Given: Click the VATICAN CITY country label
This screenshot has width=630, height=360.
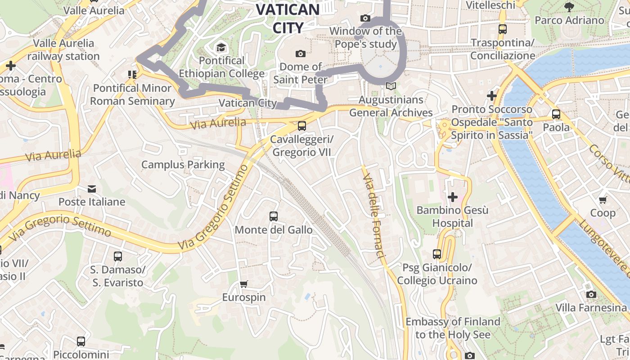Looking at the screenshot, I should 288,18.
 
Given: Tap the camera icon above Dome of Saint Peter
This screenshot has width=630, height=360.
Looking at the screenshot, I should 301,54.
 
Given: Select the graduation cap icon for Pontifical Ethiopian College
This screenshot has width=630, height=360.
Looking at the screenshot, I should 221,47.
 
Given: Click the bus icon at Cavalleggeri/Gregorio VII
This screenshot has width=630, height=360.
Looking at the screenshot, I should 302,126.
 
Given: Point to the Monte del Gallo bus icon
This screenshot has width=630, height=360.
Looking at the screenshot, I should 274,216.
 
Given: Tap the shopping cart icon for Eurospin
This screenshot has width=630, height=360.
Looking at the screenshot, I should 244,284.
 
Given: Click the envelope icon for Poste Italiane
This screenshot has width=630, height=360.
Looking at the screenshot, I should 92,189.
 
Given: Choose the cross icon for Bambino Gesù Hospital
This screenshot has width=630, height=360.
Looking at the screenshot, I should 453,197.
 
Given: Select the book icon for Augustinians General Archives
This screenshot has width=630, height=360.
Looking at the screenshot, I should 391,86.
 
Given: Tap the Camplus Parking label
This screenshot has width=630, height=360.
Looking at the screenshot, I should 183,165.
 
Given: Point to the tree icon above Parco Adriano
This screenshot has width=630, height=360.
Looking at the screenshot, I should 569,7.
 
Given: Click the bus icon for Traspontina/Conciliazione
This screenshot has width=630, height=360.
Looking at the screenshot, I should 503,29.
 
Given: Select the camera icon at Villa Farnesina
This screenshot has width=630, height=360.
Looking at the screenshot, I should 591,294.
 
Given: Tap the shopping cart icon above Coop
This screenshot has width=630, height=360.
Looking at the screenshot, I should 603,199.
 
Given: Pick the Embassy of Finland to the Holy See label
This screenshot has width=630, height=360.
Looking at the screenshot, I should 453,328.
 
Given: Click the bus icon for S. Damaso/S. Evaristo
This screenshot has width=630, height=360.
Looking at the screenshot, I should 118,256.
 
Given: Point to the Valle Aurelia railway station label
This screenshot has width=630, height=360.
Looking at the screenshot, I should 63,49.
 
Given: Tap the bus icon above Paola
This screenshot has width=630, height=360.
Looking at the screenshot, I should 556,114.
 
